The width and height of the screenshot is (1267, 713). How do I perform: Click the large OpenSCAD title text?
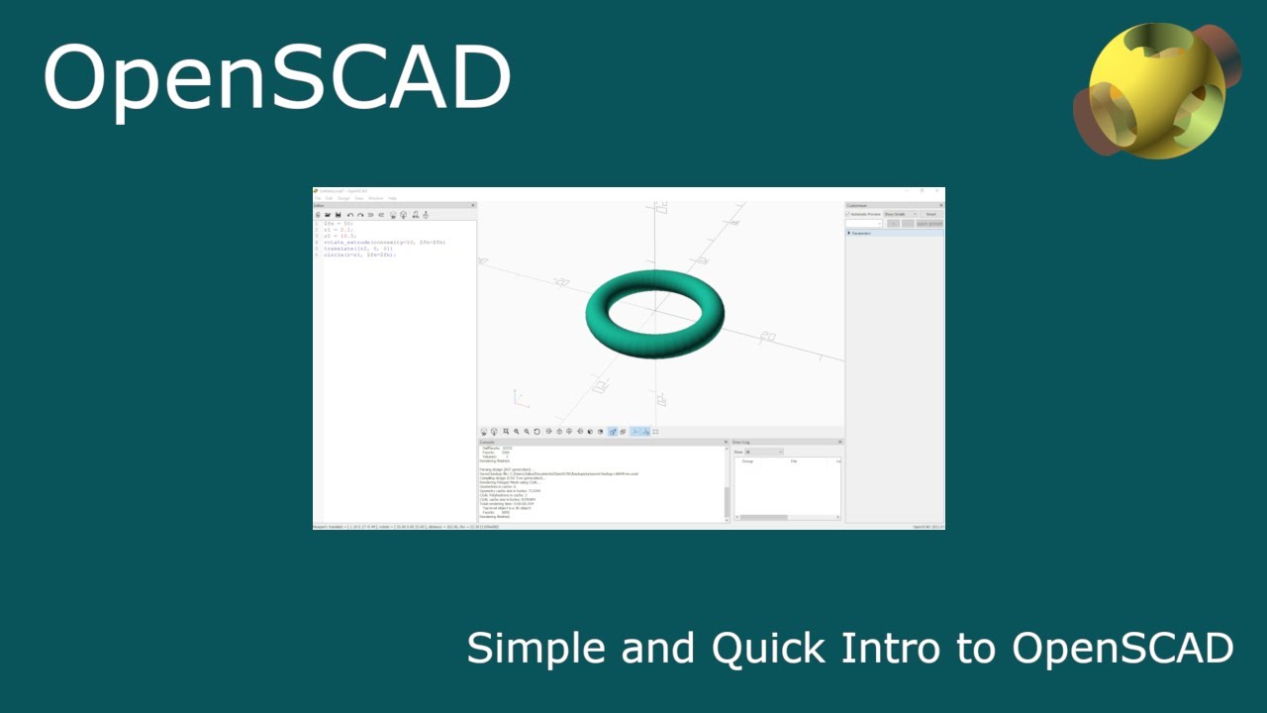click(x=276, y=78)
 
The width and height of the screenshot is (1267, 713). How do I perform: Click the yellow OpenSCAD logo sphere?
click(x=1148, y=91)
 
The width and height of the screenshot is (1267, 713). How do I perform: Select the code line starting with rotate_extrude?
click(x=384, y=242)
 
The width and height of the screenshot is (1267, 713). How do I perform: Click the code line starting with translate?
click(x=357, y=249)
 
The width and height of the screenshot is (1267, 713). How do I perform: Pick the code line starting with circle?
click(x=359, y=255)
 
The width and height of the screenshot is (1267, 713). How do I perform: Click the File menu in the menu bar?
click(x=318, y=198)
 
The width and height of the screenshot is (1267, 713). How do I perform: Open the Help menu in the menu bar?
click(x=392, y=198)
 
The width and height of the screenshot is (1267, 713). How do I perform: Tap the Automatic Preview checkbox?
click(x=848, y=214)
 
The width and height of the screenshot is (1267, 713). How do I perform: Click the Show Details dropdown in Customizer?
click(x=900, y=214)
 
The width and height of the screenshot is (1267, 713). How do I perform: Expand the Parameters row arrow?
click(x=849, y=233)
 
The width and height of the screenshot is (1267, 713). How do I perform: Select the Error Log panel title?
click(x=742, y=442)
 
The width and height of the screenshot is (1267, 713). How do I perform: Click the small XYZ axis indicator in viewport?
click(x=518, y=398)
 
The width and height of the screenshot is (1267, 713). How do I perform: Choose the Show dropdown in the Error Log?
click(x=763, y=452)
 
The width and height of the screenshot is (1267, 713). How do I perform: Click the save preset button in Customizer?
click(x=928, y=224)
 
